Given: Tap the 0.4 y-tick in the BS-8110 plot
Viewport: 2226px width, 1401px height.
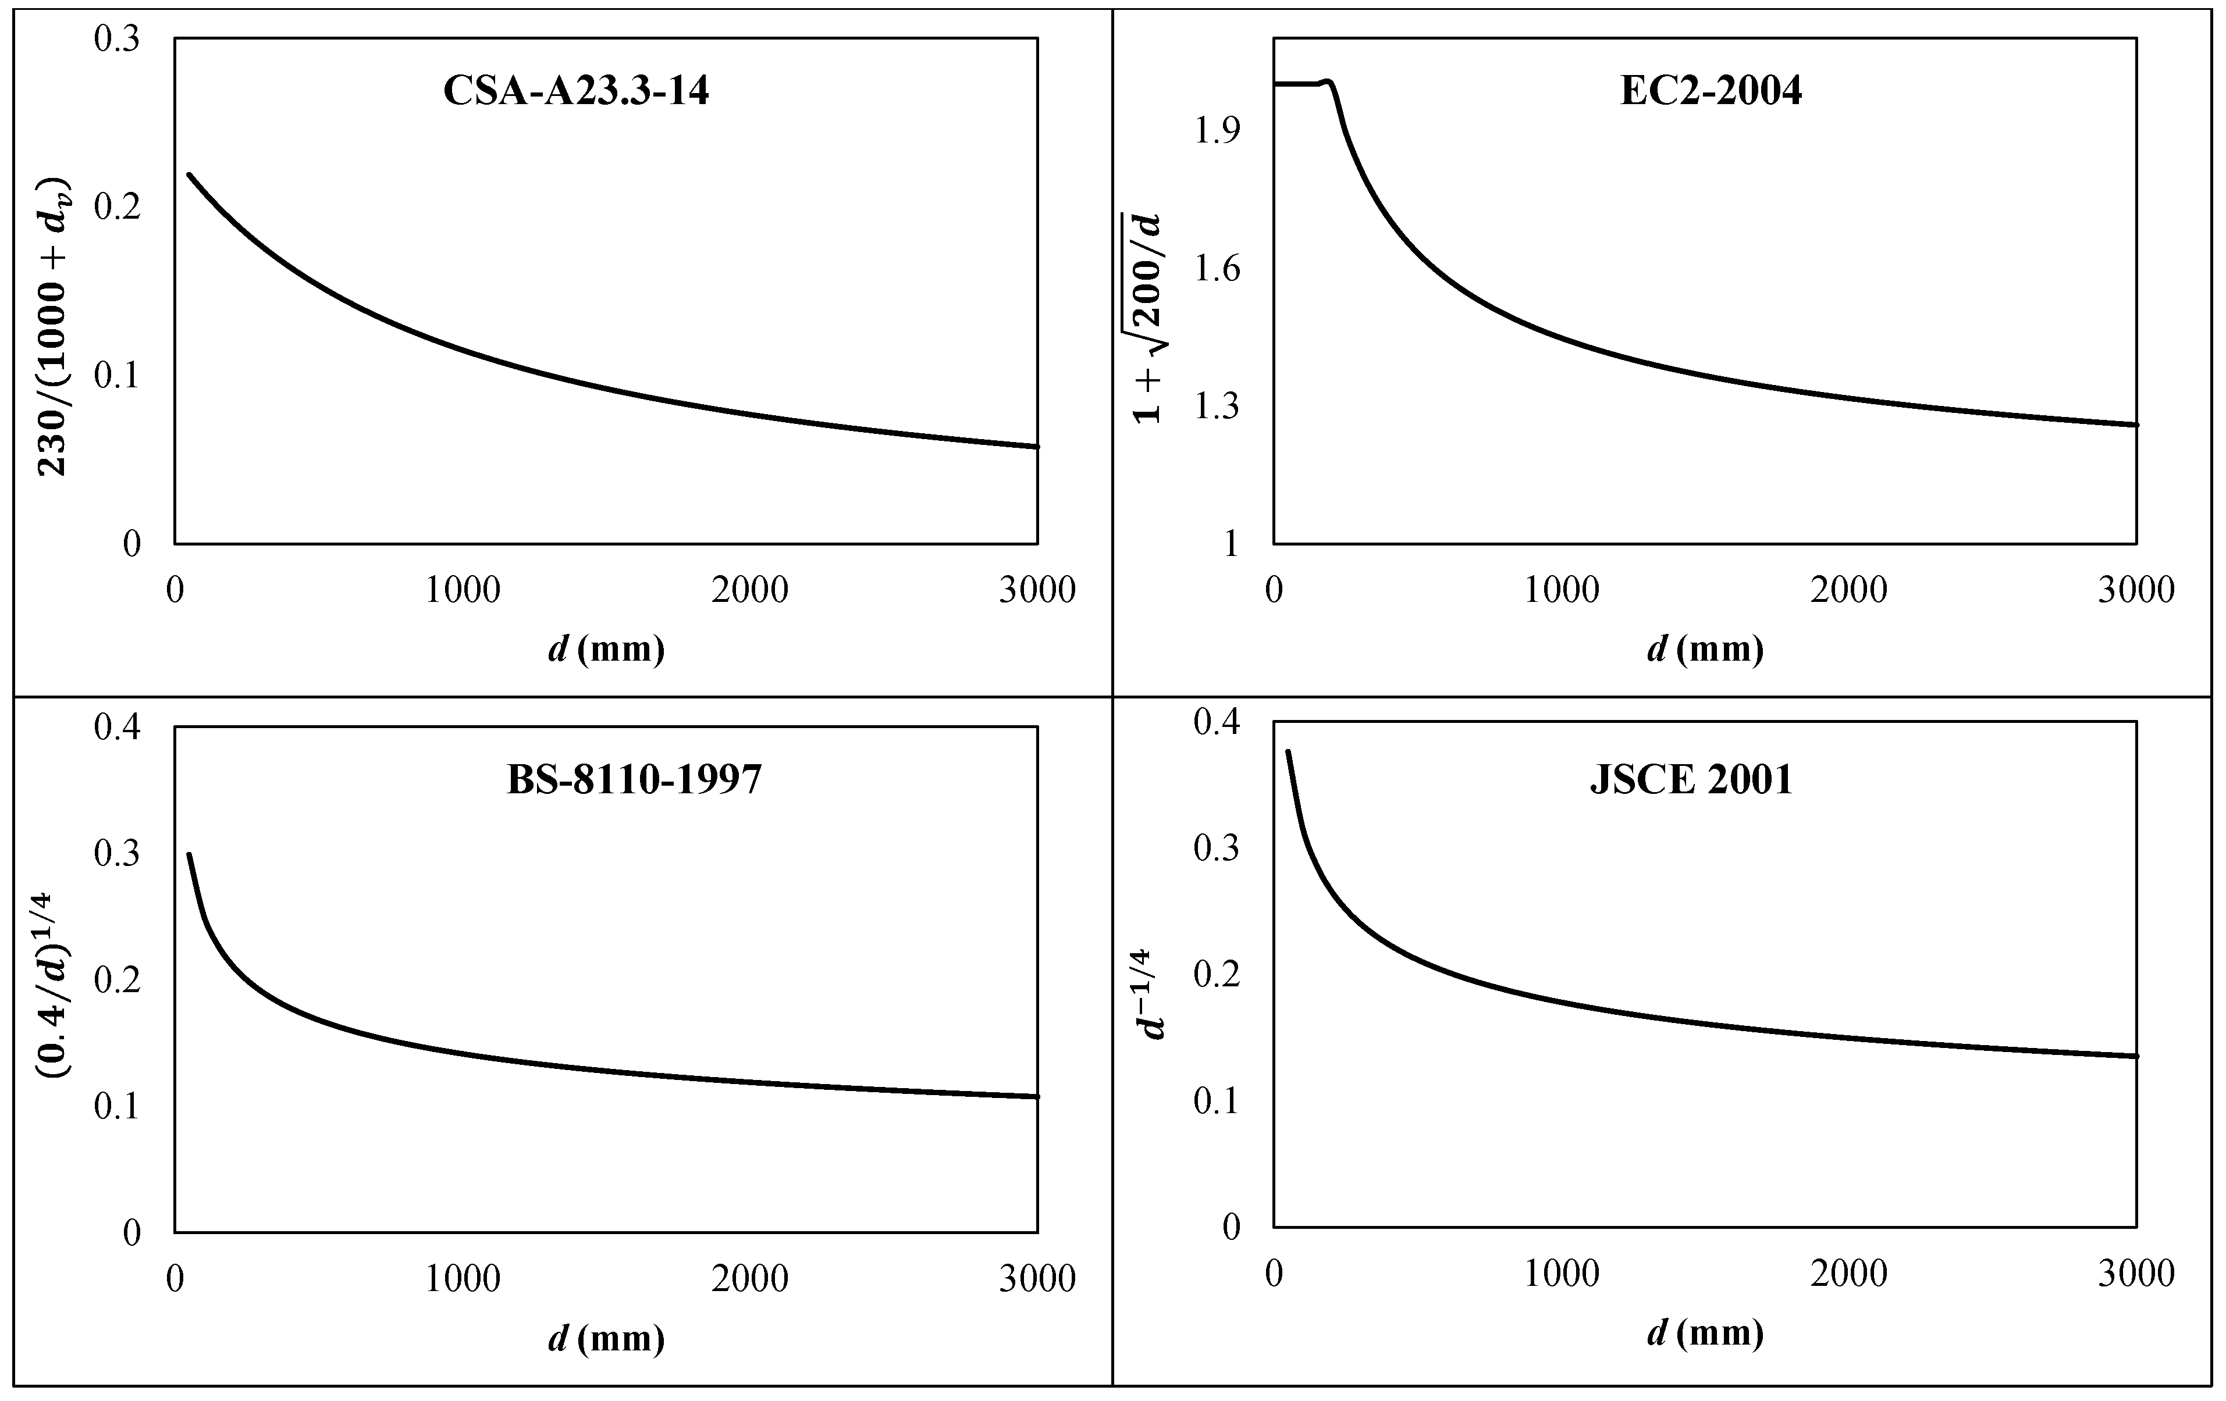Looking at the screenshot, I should [118, 728].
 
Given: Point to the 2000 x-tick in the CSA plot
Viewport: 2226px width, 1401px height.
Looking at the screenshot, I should [750, 590].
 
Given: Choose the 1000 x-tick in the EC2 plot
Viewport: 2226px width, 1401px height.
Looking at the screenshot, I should [1562, 590].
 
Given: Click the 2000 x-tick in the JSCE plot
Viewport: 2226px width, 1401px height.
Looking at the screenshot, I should [1849, 1274].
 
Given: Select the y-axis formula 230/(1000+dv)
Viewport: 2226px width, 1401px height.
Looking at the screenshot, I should [54, 325].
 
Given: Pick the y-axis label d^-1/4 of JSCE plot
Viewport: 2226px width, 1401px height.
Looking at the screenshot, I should [1152, 993].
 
